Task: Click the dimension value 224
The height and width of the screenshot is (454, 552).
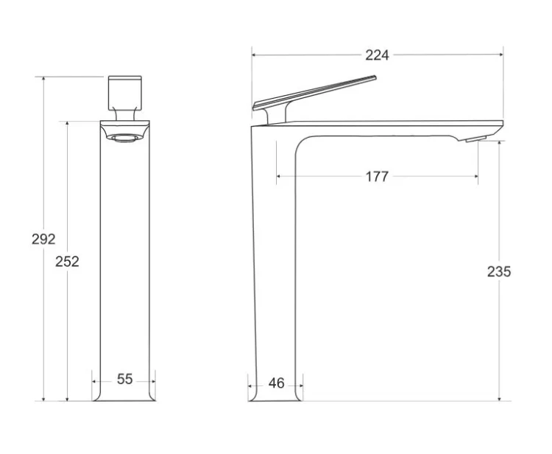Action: tap(377, 55)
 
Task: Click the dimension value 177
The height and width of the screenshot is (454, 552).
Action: tap(377, 177)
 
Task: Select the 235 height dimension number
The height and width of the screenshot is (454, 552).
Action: tap(499, 271)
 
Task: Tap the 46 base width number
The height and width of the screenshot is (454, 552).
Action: tap(276, 383)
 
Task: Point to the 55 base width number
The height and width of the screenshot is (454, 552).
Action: tap(124, 380)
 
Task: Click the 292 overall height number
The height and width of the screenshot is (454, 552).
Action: tap(43, 240)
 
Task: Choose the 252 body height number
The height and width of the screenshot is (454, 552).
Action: tap(67, 262)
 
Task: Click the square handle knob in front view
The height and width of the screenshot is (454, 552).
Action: tap(125, 93)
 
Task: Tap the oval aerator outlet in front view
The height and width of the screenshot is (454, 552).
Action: tap(125, 138)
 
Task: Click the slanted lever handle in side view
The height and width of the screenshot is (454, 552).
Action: tap(314, 93)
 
